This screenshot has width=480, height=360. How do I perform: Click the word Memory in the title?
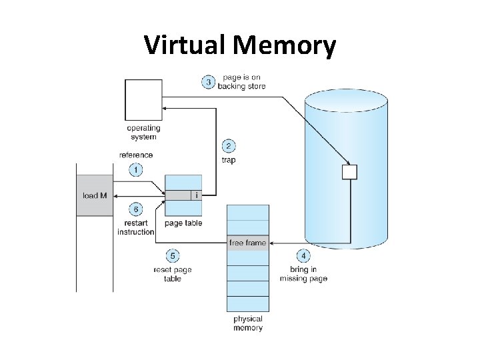(285, 45)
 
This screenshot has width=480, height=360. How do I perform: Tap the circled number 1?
(135, 170)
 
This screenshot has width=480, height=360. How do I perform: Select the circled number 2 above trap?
(228, 147)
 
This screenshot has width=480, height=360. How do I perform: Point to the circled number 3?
(209, 82)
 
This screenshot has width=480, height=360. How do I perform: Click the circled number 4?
(303, 256)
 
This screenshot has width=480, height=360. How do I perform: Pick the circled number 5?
(173, 256)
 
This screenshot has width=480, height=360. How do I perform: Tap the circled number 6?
(135, 209)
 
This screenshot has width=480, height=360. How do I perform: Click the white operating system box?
(143, 100)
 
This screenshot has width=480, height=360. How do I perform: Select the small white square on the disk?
(349, 172)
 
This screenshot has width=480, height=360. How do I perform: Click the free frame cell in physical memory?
(248, 243)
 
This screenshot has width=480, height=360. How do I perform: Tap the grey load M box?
(94, 195)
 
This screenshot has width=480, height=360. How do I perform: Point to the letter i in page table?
(196, 195)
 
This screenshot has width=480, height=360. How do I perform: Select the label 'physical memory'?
(248, 323)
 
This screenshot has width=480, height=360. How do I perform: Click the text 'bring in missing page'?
(303, 274)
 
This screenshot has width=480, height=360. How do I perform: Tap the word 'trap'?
(228, 161)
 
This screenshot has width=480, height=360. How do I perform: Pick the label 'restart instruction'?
(135, 227)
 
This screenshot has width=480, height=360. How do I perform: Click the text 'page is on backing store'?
(241, 82)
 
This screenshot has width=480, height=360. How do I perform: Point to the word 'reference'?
(135, 155)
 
